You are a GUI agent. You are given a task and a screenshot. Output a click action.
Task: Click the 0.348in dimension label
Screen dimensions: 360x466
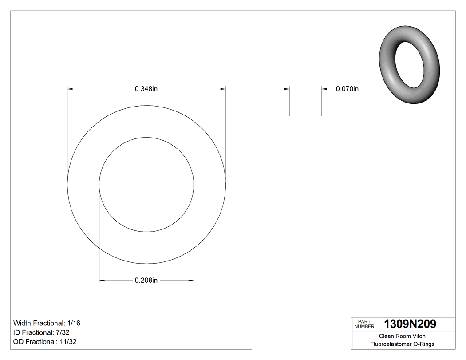146,89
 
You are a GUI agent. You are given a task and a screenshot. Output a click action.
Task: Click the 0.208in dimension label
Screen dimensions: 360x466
146,281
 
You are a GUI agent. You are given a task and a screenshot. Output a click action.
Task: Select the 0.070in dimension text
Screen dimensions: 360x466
347,89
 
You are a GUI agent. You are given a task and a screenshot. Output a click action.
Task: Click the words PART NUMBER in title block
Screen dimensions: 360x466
364,324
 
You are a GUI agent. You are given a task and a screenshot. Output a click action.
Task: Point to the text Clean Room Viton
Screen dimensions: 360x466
402,336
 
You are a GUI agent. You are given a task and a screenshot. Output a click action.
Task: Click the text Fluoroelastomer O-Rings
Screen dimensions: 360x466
402,344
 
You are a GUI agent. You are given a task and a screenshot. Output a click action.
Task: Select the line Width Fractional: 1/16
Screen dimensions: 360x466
47,323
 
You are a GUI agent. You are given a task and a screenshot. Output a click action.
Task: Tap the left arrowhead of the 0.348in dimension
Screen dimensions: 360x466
70,89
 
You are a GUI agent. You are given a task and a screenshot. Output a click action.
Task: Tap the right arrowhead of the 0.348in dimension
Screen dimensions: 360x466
223,89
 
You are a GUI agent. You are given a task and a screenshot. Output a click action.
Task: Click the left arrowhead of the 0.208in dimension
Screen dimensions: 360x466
102,281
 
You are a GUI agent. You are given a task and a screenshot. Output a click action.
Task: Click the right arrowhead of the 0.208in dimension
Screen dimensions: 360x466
191,281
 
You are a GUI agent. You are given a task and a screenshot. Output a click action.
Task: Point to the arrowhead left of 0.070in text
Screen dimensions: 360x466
324,89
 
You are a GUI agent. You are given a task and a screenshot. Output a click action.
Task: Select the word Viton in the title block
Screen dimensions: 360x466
418,336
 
